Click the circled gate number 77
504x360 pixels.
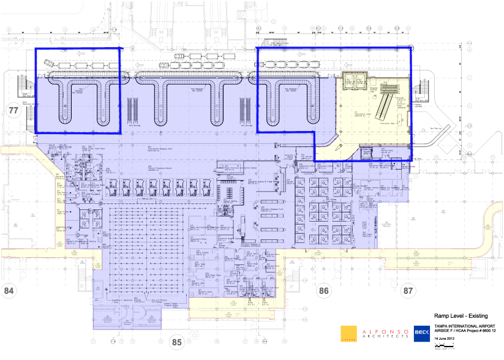coord(12,110)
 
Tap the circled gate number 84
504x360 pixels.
coord(9,290)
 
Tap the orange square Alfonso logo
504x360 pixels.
coord(348,332)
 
